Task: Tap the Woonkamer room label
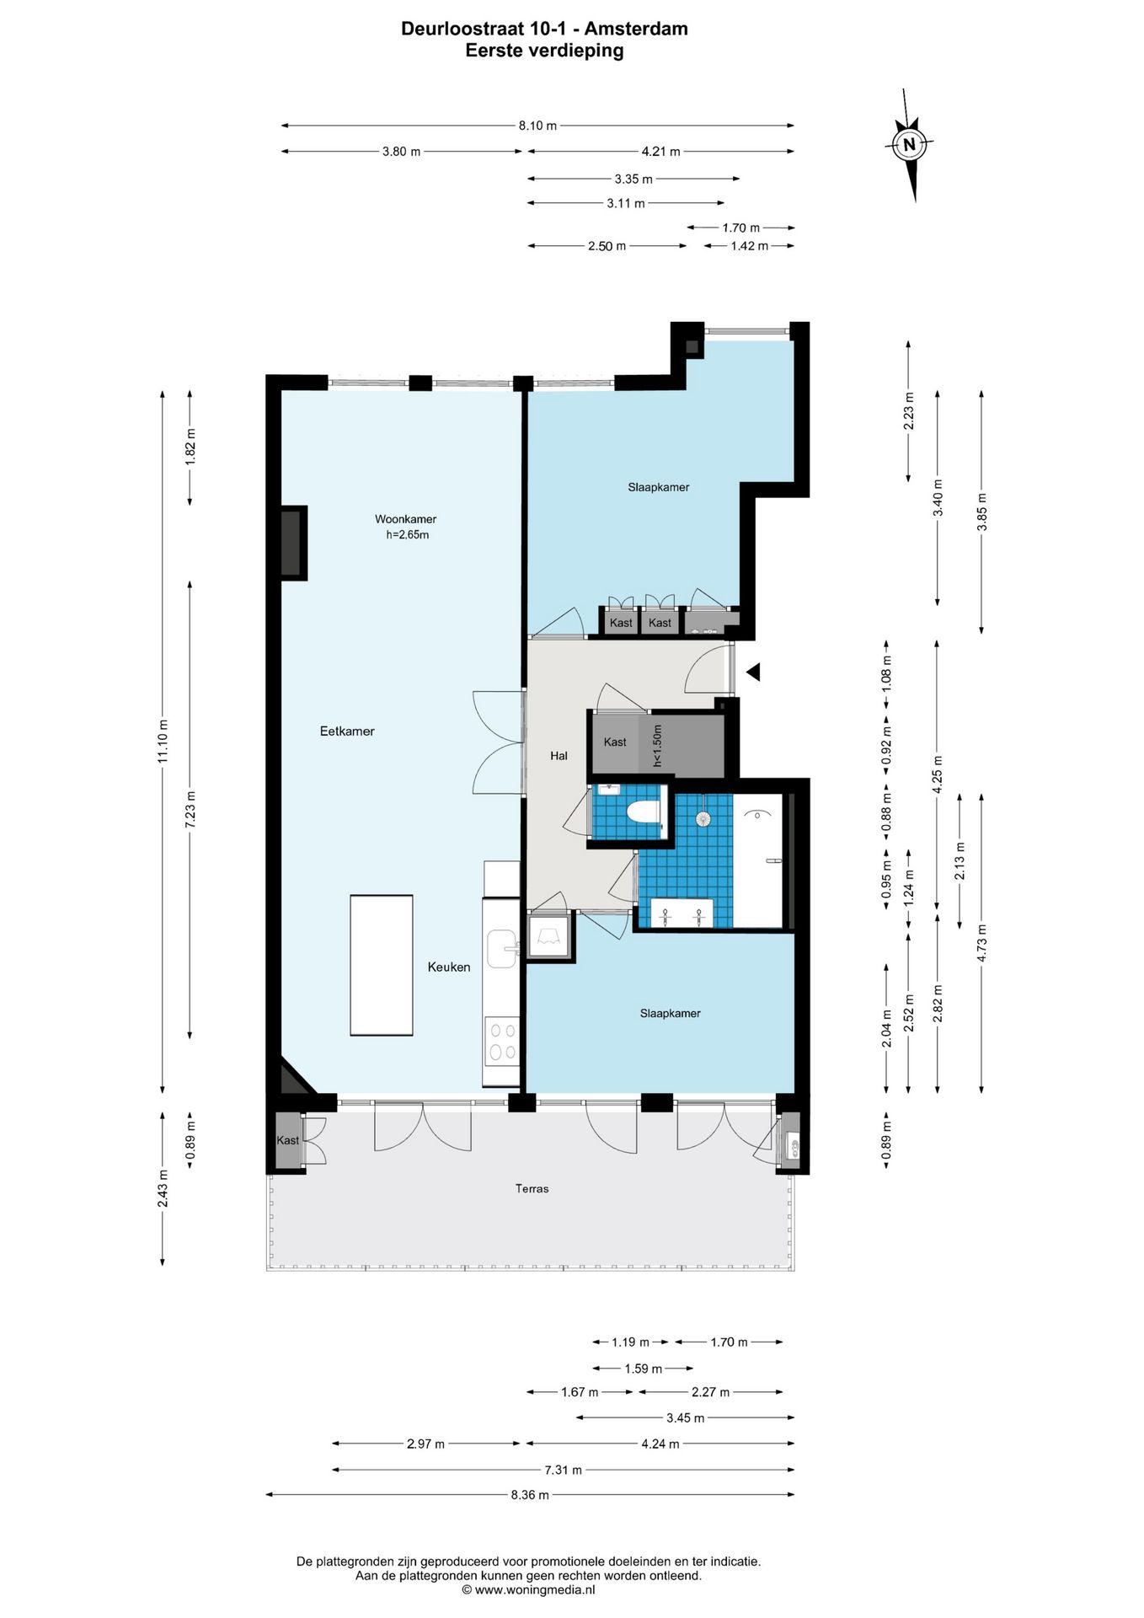(x=405, y=519)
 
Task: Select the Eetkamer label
(x=347, y=731)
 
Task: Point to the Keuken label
(x=449, y=967)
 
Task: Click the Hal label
(x=559, y=756)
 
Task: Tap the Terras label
(x=532, y=1188)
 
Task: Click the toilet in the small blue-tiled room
(x=645, y=811)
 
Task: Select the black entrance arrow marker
(x=753, y=672)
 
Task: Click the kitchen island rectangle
(x=382, y=965)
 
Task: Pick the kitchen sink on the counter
(x=502, y=949)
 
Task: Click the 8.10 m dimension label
(x=537, y=126)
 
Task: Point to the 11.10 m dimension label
(x=163, y=742)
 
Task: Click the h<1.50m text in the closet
(x=658, y=745)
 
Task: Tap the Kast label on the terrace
(x=288, y=1140)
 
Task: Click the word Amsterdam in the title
(x=636, y=29)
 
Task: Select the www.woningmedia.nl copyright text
(x=528, y=1590)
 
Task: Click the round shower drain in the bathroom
(x=703, y=817)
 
